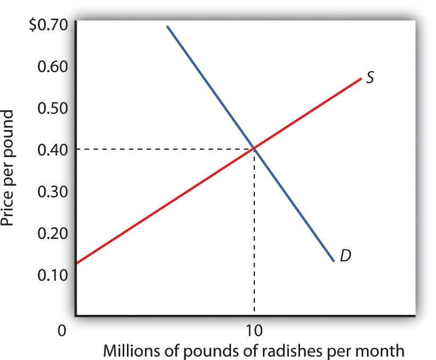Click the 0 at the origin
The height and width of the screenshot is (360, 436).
click(62, 330)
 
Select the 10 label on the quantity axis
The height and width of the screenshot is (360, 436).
click(254, 330)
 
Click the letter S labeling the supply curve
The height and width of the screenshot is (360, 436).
click(371, 78)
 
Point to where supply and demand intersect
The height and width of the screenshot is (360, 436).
click(254, 149)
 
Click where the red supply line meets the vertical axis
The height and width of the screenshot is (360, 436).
click(76, 263)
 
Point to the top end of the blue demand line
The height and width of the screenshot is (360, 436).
click(167, 26)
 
